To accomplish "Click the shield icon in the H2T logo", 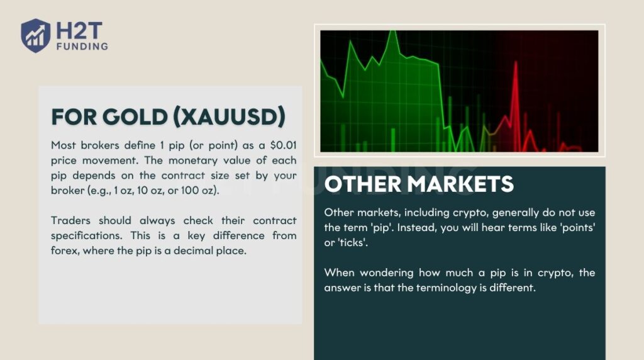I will click(35, 35).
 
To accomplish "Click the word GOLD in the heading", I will click(127, 116).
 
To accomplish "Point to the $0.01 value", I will click(282, 145).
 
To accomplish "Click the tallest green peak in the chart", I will click(392, 33).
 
